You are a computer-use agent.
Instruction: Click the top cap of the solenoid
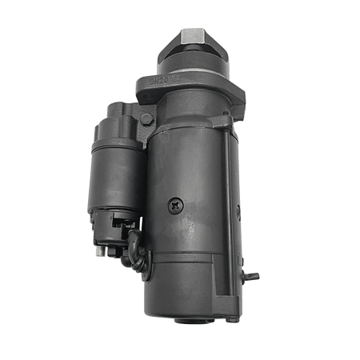(x=120, y=120)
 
